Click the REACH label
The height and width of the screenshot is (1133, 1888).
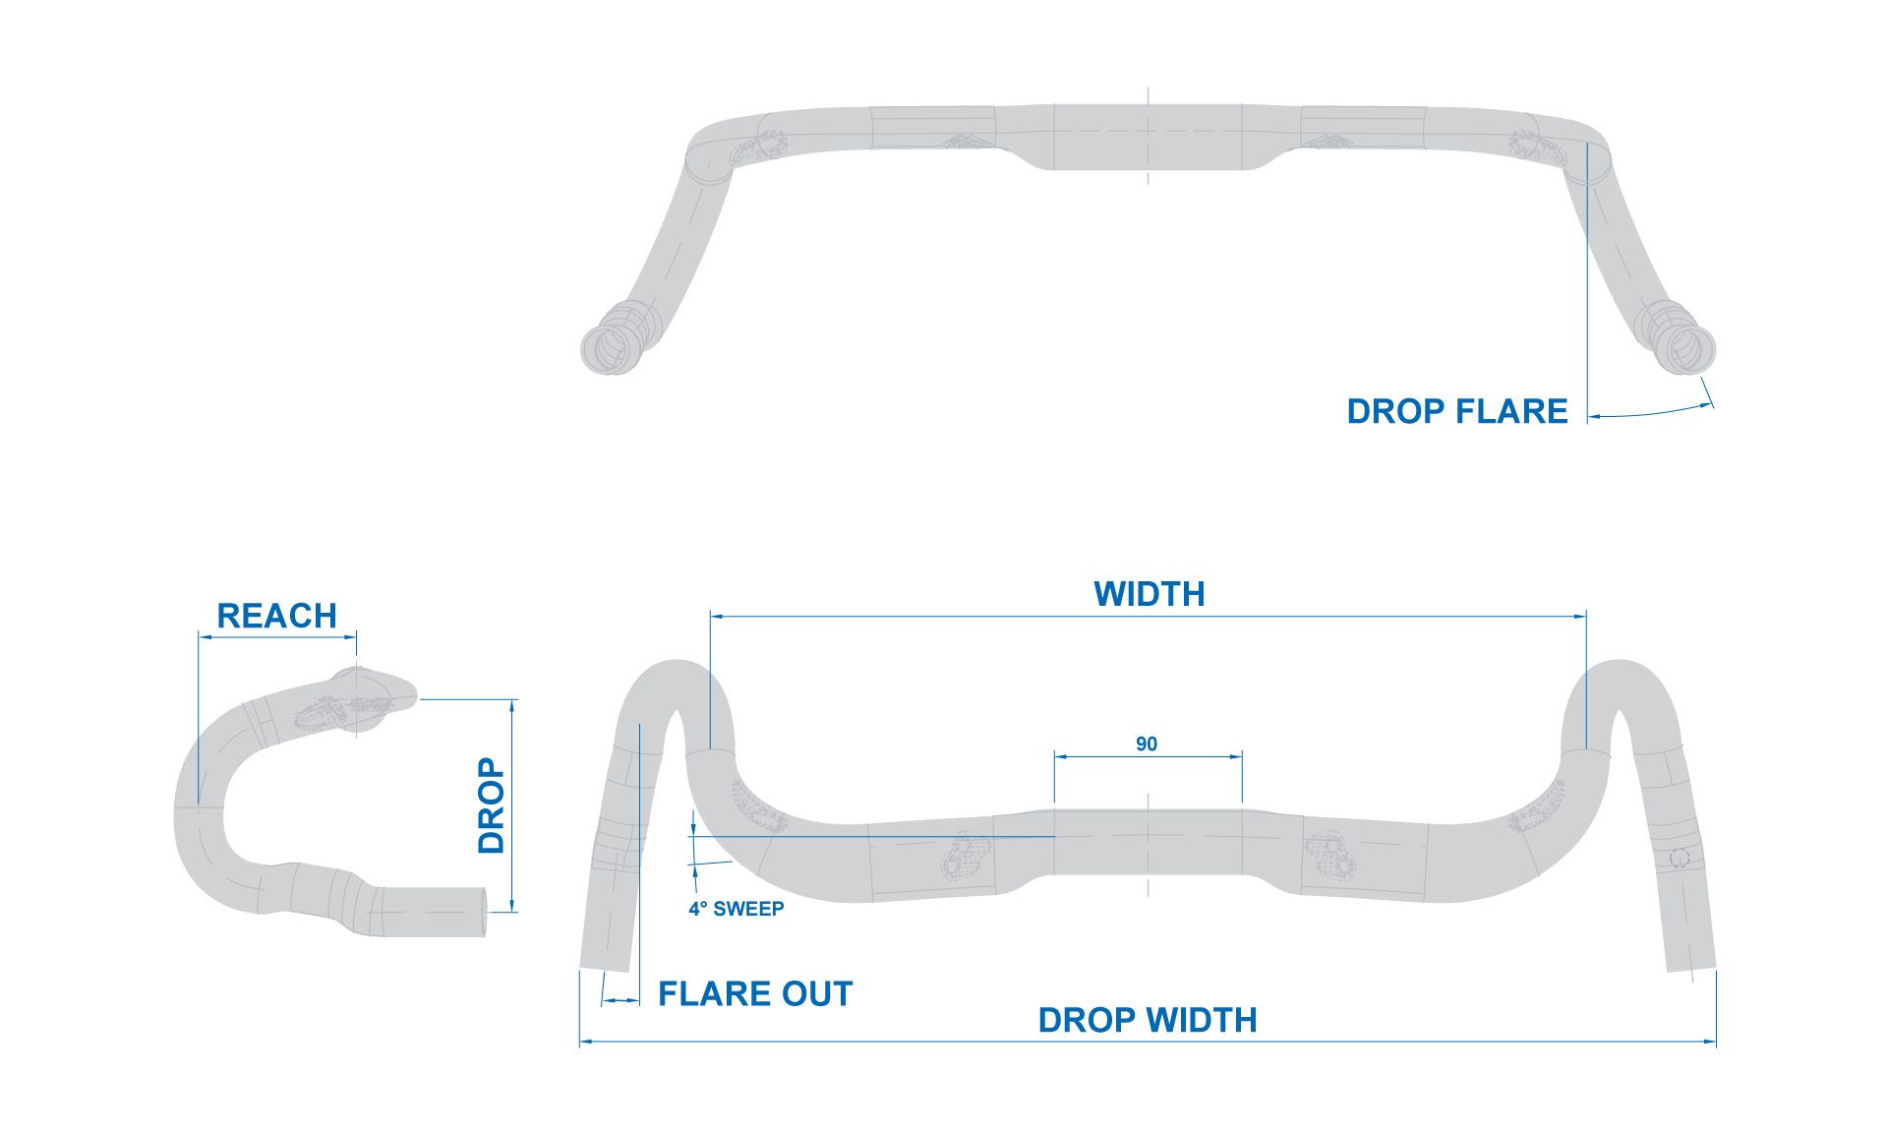pos(276,617)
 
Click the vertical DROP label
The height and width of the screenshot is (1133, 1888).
pos(491,805)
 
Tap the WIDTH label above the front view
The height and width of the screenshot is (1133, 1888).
pos(1149,595)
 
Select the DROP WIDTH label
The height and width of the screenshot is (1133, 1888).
pos(1148,1021)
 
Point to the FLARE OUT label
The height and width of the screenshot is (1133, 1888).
pos(755,994)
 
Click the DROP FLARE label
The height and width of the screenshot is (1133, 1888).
pos(1456,411)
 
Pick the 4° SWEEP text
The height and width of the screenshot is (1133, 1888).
pos(736,909)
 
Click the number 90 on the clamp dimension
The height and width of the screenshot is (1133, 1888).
pos(1147,745)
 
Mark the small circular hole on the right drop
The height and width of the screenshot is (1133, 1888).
pos(1679,859)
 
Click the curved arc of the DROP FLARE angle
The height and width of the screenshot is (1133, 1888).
pos(1652,412)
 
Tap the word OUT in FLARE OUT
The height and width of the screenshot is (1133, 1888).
pos(817,994)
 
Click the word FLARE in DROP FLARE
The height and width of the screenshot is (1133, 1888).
pos(1511,411)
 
